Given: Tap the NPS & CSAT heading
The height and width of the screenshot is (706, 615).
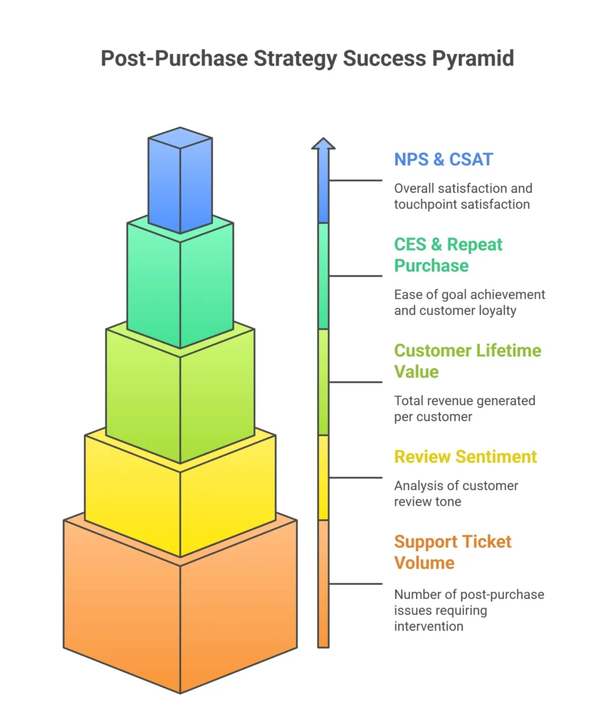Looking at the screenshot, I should point(444,159).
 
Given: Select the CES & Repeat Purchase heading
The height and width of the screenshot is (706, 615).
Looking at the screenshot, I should point(448,255).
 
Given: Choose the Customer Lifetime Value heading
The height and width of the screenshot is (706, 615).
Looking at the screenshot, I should point(467,361).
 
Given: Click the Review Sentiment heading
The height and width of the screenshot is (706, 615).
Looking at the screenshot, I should point(466,456).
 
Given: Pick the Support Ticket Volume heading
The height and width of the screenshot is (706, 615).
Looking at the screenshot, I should point(452,552).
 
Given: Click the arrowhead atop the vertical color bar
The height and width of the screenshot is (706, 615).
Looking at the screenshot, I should point(323,143).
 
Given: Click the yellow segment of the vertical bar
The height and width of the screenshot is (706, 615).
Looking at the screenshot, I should point(323,477).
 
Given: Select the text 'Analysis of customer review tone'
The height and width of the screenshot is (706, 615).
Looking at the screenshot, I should point(456,494).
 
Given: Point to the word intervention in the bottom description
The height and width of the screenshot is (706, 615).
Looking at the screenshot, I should point(428,626).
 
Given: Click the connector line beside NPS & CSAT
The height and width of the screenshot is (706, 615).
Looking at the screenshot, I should point(355,181).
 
